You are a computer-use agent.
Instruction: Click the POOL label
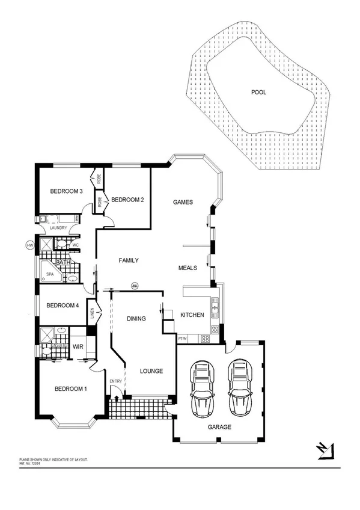click(x=259, y=93)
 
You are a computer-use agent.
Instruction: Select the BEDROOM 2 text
click(x=127, y=200)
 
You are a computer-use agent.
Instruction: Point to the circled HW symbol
click(x=29, y=245)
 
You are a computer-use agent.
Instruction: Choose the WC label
click(x=75, y=245)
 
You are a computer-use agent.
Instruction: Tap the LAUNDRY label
click(x=58, y=228)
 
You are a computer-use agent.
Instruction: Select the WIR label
click(x=78, y=346)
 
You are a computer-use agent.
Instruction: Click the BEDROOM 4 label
click(x=63, y=305)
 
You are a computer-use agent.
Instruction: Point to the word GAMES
click(x=183, y=202)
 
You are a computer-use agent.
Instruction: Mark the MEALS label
click(x=188, y=268)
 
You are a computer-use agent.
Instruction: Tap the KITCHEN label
click(x=192, y=315)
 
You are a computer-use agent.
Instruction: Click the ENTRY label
click(x=115, y=381)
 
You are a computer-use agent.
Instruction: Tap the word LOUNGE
click(x=151, y=371)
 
